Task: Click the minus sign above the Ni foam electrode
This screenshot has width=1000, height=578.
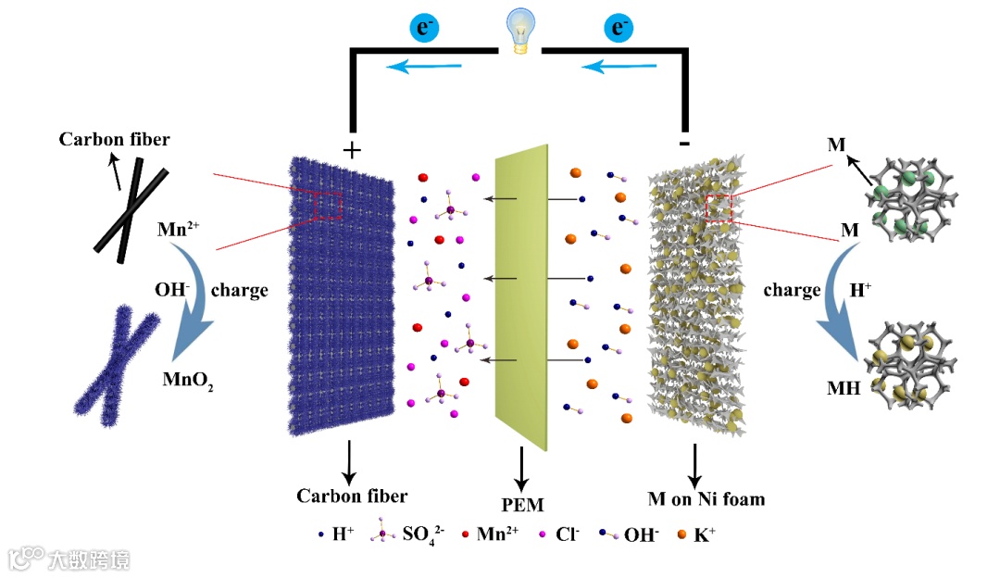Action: [x=683, y=145]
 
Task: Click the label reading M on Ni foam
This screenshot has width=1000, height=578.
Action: [x=706, y=499]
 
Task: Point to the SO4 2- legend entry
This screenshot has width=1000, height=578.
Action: [x=412, y=534]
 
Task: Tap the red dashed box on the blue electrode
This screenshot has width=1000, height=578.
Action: [x=327, y=205]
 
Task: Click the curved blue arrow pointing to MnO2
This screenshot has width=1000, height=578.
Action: [x=194, y=329]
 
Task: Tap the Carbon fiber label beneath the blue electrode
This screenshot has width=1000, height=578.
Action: [x=351, y=496]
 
